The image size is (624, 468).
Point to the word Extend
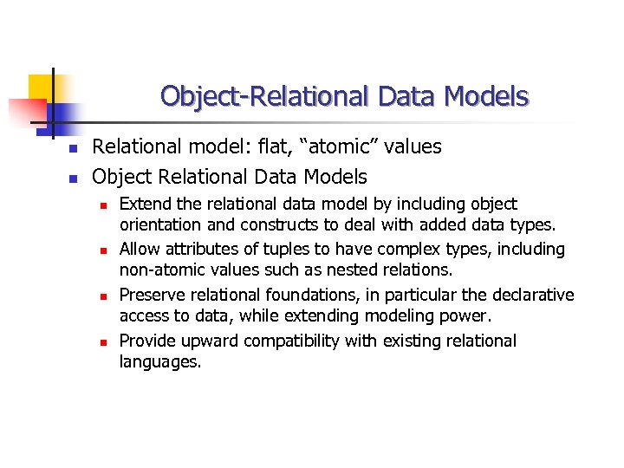coord(145,205)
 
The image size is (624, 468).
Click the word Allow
coord(140,250)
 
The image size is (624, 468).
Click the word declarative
coord(533,295)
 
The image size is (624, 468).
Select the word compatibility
coord(288,341)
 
